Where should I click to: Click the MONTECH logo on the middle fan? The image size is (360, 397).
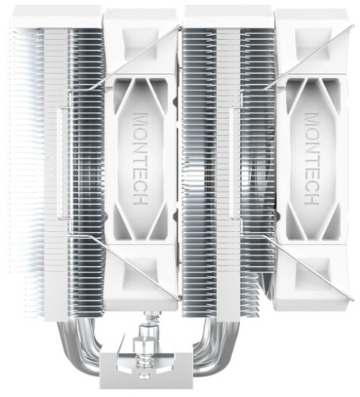[140, 159]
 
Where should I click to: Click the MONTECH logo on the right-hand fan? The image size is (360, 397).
[312, 159]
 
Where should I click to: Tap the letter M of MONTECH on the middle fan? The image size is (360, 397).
[140, 118]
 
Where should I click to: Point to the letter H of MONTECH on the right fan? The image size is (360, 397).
[312, 198]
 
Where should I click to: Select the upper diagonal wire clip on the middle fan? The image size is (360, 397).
[137, 57]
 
